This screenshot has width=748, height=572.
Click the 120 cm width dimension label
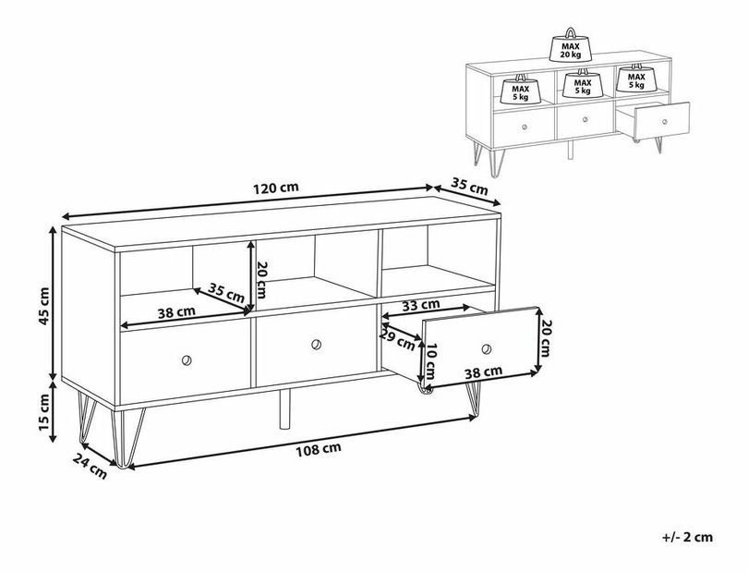(276, 188)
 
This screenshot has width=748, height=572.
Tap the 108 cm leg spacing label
(319, 449)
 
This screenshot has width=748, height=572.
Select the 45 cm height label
(44, 306)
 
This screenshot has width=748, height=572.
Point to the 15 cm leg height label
(44, 410)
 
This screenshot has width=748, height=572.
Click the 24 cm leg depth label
(90, 466)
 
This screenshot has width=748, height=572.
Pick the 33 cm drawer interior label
(420, 305)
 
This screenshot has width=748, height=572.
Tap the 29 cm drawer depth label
(397, 338)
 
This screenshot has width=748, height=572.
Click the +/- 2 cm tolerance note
(687, 537)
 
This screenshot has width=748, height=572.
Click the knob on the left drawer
(187, 360)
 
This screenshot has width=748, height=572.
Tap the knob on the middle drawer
(316, 345)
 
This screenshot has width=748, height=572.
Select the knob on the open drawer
(486, 349)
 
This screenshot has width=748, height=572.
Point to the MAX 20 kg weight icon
(571, 46)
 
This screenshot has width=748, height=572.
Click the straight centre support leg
(284, 408)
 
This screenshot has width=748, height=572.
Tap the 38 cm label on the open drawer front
(484, 372)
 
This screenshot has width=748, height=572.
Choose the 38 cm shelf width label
(176, 312)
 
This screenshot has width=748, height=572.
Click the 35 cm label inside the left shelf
(226, 292)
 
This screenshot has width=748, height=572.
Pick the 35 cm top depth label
(469, 187)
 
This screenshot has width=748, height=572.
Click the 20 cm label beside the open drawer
(546, 338)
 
